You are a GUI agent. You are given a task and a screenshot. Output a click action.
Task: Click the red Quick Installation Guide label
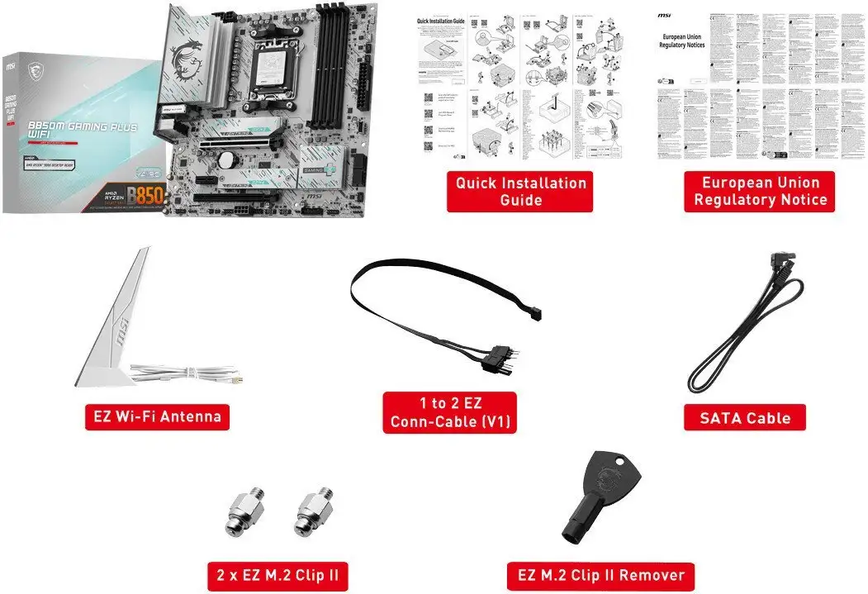click(520, 192)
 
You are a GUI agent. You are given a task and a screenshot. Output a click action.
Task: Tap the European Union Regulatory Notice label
click(760, 192)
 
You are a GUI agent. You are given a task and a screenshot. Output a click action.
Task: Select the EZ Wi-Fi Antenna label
click(157, 416)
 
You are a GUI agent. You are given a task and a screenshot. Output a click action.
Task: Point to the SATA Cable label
click(745, 418)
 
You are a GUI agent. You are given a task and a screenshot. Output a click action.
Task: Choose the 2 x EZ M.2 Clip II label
click(277, 574)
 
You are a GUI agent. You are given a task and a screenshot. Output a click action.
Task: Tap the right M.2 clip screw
click(313, 512)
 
